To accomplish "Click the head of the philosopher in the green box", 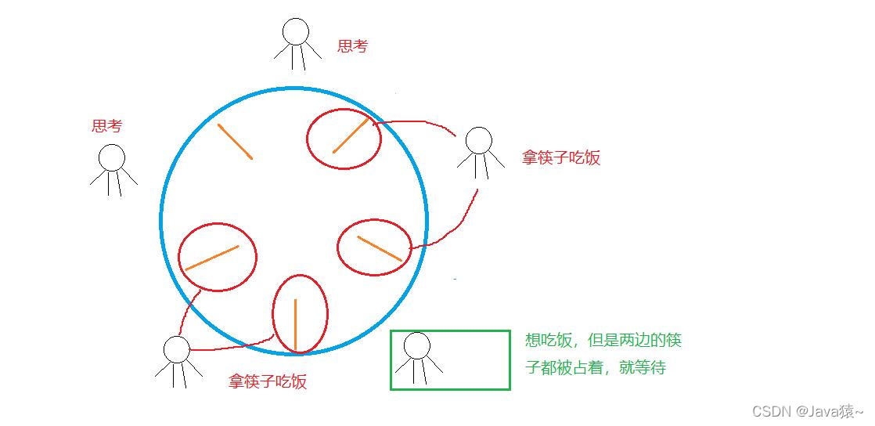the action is [417, 345].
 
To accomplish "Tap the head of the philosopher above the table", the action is [296, 31].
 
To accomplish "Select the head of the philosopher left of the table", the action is [112, 157].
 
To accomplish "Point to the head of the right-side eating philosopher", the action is [478, 141].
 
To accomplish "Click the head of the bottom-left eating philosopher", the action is [177, 349].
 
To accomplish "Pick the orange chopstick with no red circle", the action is [235, 142].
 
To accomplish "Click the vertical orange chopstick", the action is [296, 324].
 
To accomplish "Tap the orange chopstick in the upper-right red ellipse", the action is [350, 135].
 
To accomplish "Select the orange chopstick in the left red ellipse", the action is [212, 258].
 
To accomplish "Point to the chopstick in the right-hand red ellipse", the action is [380, 248].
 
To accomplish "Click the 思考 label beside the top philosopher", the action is [352, 46].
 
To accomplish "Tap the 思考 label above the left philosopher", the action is [107, 126].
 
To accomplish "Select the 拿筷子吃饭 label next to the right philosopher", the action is [561, 157].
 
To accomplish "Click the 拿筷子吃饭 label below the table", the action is [268, 381].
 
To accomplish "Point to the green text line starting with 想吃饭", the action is [603, 340].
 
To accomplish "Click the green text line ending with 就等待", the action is [596, 366].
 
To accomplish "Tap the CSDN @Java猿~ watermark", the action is [808, 411].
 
